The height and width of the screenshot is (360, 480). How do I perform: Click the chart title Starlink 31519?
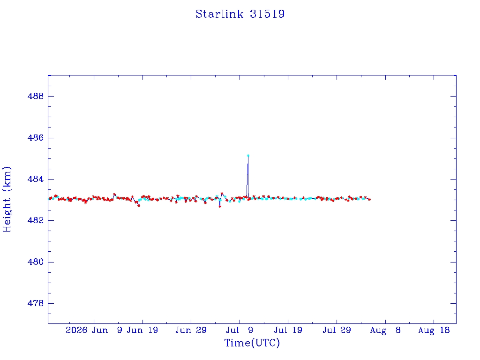point(240,14)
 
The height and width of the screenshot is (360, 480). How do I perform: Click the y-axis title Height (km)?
point(7,199)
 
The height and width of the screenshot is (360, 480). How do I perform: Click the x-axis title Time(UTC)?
point(252,343)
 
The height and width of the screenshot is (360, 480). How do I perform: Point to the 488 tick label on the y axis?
point(36,96)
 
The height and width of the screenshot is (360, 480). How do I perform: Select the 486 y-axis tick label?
point(36,138)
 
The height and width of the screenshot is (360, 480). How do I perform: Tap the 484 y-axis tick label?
point(36,179)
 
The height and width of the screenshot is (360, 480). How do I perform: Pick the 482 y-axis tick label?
point(36,220)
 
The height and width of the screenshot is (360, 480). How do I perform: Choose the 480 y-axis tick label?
point(36,262)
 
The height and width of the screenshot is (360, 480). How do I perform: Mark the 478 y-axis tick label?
point(36,303)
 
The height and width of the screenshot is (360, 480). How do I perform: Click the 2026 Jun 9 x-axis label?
point(94,330)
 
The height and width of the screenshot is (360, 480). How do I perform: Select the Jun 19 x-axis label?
point(142,330)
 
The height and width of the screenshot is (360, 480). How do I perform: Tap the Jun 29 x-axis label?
point(191,330)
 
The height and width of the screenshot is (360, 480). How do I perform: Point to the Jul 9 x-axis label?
point(240,330)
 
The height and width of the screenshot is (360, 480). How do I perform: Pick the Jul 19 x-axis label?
point(288,330)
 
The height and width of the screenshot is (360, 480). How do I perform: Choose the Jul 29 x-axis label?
point(337,330)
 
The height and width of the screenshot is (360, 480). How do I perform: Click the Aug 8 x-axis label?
point(385,330)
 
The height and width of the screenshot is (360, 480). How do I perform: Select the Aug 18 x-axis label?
point(434,330)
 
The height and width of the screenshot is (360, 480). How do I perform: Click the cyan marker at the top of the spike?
point(248,156)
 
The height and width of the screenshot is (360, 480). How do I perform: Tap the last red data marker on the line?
point(369,199)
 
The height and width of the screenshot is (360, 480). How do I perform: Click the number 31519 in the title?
point(267,14)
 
